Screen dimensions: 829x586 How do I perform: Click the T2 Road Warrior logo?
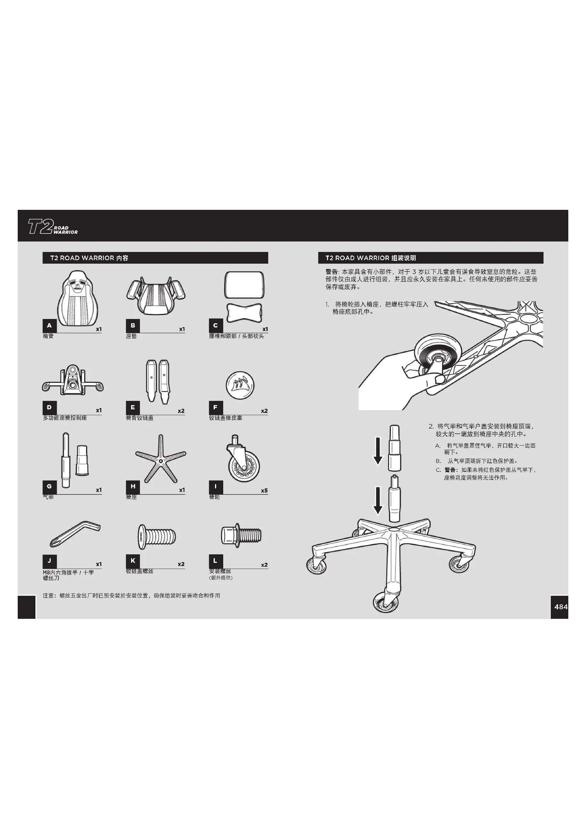click(x=53, y=226)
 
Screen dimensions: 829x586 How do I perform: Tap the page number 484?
click(x=561, y=606)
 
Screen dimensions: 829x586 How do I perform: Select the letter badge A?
click(x=50, y=326)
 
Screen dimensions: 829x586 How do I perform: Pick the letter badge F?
click(x=215, y=408)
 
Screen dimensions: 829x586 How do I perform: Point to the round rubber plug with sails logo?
click(x=240, y=385)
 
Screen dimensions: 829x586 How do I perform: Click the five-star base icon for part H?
click(x=160, y=459)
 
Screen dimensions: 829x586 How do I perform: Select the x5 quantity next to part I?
click(x=264, y=491)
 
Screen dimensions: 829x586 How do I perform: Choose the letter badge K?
click(x=133, y=561)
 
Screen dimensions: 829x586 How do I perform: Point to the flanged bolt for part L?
click(x=241, y=535)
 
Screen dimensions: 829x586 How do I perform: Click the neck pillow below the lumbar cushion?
click(x=244, y=312)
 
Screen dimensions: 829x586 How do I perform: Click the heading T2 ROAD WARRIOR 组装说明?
click(x=371, y=258)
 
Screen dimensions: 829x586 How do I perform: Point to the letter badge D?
click(x=50, y=408)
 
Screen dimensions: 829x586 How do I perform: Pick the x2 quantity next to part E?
click(x=181, y=411)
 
